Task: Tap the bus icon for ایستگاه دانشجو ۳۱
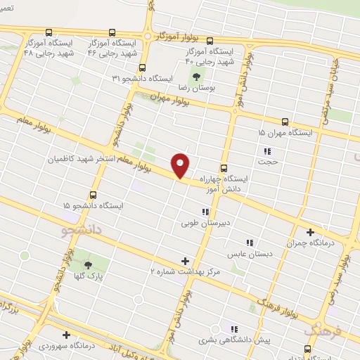(x=143, y=68)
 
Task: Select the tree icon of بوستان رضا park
(x=193, y=75)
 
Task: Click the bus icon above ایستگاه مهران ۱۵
(x=285, y=122)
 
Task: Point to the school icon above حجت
(x=267, y=151)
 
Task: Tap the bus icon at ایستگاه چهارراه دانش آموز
(x=224, y=168)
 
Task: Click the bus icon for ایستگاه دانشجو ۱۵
(x=94, y=195)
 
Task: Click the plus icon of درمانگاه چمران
(x=310, y=231)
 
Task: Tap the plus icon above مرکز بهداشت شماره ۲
(x=186, y=260)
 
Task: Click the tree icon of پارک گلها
(x=89, y=265)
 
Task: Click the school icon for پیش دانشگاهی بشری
(x=235, y=328)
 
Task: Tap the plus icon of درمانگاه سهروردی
(x=67, y=335)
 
